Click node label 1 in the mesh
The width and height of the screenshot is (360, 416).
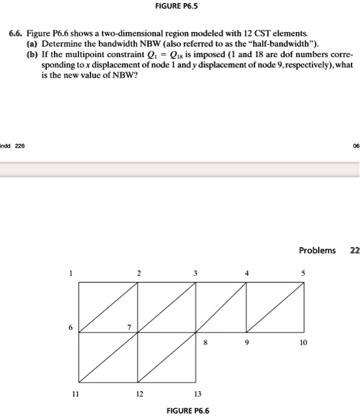pos(71,273)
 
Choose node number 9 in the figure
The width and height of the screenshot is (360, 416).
pos(246,342)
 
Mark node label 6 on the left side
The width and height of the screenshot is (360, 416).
pos(70,327)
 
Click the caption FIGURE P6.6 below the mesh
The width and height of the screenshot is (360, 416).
pos(188,411)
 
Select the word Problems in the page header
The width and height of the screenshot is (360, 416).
pos(317,250)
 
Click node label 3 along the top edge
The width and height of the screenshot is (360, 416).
pos(195,273)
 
